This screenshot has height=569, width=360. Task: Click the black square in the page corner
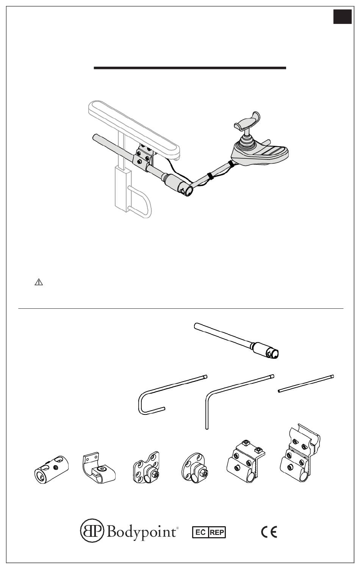tap(342, 17)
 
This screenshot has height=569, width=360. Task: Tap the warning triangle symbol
tap(39, 282)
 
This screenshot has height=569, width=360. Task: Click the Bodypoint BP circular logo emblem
tap(92, 531)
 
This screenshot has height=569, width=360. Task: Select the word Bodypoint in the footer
tap(141, 531)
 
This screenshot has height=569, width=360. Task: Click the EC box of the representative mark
tap(200, 532)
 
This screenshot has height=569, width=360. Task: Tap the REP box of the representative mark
tap(217, 532)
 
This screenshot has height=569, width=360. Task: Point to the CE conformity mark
tap(269, 532)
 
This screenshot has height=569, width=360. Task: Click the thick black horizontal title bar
tap(190, 68)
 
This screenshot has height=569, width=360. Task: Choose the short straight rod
tap(306, 384)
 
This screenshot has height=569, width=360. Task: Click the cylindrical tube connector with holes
tap(52, 469)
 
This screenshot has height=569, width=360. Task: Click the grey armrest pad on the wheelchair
tap(134, 130)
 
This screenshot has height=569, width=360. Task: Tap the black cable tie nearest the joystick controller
tap(232, 164)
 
